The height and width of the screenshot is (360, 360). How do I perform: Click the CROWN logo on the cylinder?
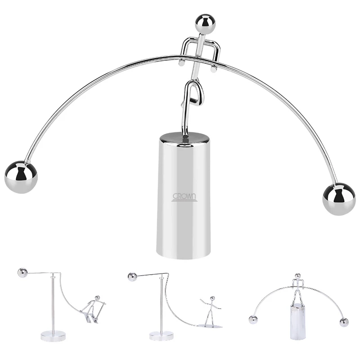[x=184, y=198]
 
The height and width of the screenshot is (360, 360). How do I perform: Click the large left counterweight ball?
[x=21, y=177]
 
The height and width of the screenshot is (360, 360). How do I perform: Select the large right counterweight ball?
[x=339, y=199]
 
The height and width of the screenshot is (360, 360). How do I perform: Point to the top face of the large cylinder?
[x=184, y=139]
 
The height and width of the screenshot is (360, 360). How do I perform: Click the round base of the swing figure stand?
[x=53, y=336]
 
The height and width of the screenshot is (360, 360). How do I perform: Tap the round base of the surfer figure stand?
[x=162, y=336]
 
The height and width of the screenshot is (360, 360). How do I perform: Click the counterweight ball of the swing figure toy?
[x=22, y=273]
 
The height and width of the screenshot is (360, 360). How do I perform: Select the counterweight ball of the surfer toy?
[x=132, y=277]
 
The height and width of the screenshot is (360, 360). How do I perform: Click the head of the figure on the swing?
[x=97, y=298]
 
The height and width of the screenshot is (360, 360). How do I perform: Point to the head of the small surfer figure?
[x=212, y=299]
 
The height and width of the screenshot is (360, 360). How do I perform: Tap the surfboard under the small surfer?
[x=211, y=325]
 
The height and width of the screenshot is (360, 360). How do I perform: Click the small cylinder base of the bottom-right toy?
[x=298, y=321]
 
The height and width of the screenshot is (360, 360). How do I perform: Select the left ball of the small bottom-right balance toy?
[x=253, y=320]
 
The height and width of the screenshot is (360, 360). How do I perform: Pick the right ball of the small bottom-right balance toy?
[x=344, y=322]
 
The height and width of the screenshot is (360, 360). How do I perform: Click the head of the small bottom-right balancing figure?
[x=297, y=276]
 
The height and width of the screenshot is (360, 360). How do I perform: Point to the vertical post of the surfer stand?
[x=162, y=304]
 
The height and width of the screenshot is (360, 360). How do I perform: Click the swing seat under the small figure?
[x=89, y=318]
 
